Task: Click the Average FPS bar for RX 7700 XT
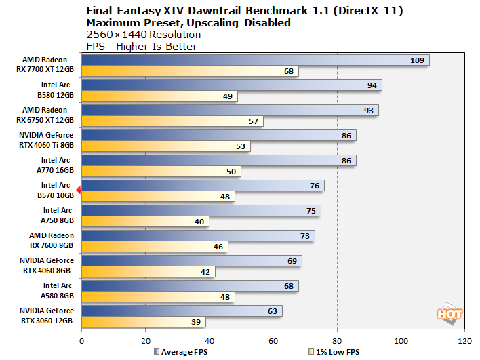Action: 255,60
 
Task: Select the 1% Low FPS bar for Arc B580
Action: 159,96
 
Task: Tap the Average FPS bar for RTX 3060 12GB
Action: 182,311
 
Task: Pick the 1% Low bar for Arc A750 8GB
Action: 145,222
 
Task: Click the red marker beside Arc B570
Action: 79,191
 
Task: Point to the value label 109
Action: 418,60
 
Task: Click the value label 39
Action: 197,322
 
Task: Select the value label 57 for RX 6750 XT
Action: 254,121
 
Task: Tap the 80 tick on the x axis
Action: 337,341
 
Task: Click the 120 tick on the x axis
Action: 464,341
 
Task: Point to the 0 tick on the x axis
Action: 81,341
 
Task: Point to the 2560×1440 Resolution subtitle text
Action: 144,34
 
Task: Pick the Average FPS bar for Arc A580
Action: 190,285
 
